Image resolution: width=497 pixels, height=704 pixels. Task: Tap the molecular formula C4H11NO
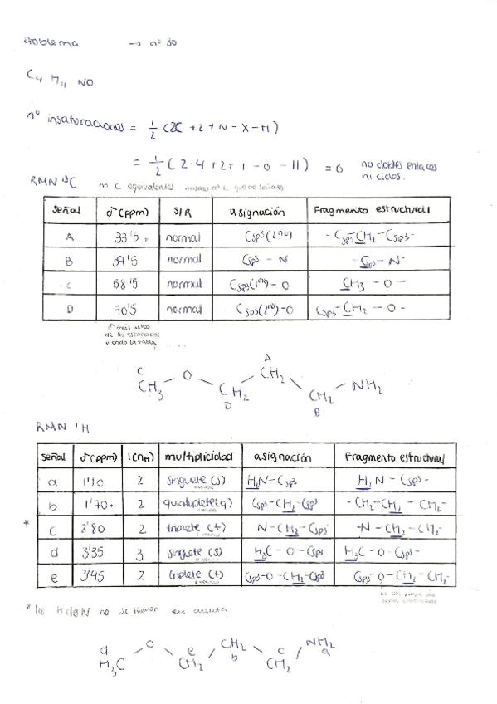(x=59, y=81)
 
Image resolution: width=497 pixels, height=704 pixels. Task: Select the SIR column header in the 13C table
(x=182, y=212)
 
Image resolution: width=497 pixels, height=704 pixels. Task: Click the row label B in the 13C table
(x=70, y=261)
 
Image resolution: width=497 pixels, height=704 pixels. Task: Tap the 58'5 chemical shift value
(x=131, y=286)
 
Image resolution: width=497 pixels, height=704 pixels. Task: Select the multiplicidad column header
(x=198, y=457)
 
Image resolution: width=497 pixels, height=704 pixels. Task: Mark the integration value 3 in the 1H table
(x=141, y=551)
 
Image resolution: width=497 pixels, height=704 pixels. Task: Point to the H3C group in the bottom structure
(x=108, y=662)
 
